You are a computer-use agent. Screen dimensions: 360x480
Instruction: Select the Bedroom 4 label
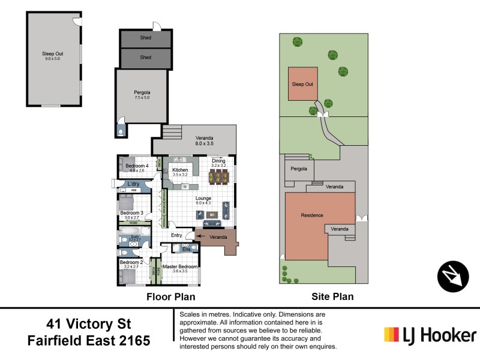(x=137, y=166)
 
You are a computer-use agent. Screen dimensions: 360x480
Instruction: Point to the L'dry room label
(x=133, y=184)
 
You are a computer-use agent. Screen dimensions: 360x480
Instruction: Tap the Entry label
(x=176, y=235)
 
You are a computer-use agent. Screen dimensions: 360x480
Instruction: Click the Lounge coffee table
(x=211, y=214)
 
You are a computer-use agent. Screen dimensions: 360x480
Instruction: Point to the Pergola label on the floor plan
(x=142, y=93)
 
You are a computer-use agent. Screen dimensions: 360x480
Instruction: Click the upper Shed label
(x=146, y=38)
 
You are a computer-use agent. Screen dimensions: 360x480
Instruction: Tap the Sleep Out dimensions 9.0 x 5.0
(x=53, y=59)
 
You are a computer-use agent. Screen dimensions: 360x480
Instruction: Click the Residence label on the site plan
(x=312, y=215)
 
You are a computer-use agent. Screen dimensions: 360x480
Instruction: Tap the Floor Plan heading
(x=171, y=296)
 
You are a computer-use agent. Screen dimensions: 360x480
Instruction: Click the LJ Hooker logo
(x=430, y=335)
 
